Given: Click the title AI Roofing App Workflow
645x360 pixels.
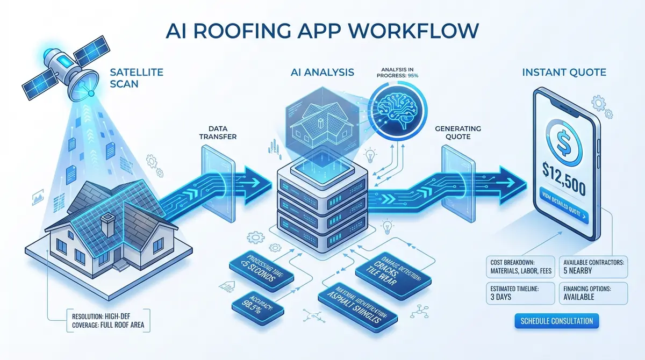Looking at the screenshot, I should pos(322,30).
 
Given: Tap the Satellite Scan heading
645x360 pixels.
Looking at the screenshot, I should pos(130,78).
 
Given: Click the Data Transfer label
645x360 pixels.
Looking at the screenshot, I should pos(222,132).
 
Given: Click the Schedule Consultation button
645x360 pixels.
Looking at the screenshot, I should pos(557,321).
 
